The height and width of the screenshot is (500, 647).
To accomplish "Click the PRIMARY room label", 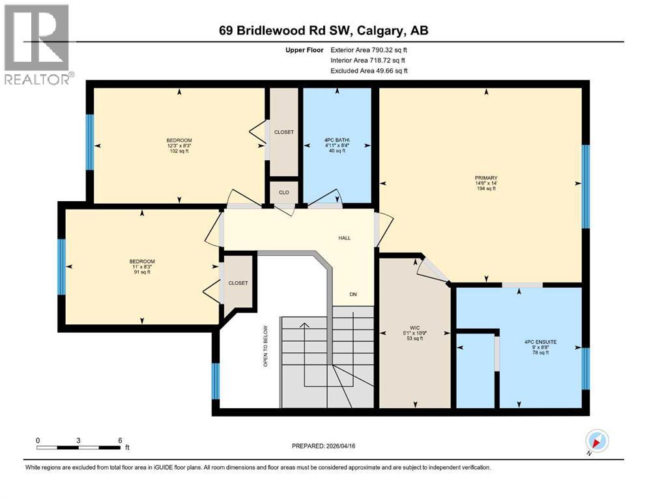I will pyautogui.click(x=486, y=178).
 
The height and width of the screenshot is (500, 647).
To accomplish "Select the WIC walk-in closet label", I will pyautogui.click(x=413, y=327).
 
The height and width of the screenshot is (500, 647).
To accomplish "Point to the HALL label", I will pyautogui.click(x=344, y=238).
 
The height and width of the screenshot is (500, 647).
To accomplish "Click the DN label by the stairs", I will pyautogui.click(x=352, y=294).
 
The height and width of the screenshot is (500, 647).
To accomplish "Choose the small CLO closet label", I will pyautogui.click(x=284, y=193).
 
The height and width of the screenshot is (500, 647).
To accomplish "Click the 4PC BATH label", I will pyautogui.click(x=338, y=139).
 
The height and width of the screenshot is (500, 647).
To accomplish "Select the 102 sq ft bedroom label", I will pyautogui.click(x=179, y=141).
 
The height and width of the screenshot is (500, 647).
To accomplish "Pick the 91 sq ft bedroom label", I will pyautogui.click(x=142, y=262).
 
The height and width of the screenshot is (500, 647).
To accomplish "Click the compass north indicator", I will pyautogui.click(x=597, y=441).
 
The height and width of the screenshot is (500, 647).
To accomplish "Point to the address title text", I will pyautogui.click(x=323, y=31).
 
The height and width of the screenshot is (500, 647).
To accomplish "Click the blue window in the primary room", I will pyautogui.click(x=586, y=186).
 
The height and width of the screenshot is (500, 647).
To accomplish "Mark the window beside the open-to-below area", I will pyautogui.click(x=216, y=380).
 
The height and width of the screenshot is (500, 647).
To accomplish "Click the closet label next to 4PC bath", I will pyautogui.click(x=284, y=132).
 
